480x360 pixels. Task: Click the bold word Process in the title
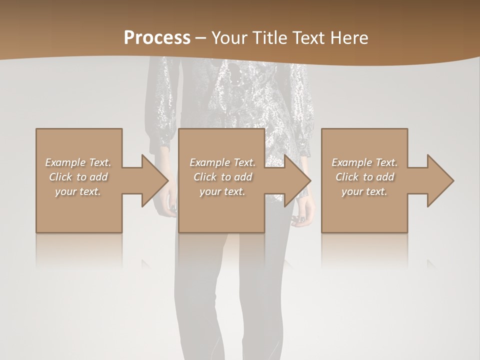pyautogui.click(x=157, y=38)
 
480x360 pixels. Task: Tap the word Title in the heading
pyautogui.click(x=270, y=38)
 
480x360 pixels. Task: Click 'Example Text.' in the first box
pyautogui.click(x=78, y=162)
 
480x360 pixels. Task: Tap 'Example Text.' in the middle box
pyautogui.click(x=222, y=162)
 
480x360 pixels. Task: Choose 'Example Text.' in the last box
pyautogui.click(x=364, y=162)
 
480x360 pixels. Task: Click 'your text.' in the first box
pyautogui.click(x=78, y=191)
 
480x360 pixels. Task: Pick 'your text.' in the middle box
pyautogui.click(x=222, y=191)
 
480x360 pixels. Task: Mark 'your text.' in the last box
pyautogui.click(x=364, y=191)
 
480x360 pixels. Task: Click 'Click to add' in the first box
pyautogui.click(x=78, y=177)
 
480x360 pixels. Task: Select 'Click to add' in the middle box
pyautogui.click(x=222, y=177)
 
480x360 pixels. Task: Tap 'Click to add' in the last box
pyautogui.click(x=364, y=177)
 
